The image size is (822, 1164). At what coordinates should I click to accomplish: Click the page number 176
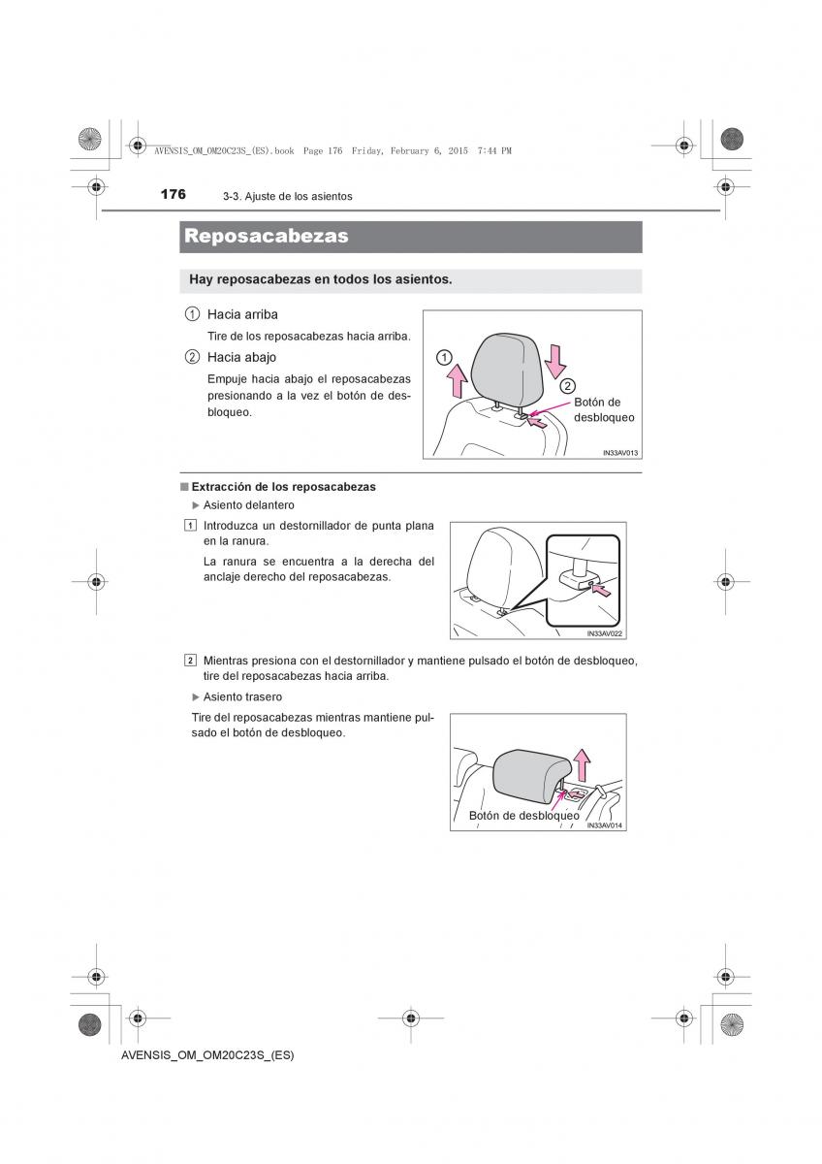click(x=174, y=194)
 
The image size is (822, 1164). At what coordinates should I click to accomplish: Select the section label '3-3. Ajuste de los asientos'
click(x=287, y=197)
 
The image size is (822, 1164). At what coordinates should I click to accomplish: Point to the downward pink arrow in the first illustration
click(x=554, y=358)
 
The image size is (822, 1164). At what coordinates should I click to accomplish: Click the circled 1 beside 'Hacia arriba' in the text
click(x=192, y=314)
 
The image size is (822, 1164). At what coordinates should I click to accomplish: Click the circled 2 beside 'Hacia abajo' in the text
click(x=192, y=357)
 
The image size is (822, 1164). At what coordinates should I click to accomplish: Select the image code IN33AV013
click(x=619, y=453)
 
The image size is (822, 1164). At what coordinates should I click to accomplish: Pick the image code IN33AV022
click(x=605, y=633)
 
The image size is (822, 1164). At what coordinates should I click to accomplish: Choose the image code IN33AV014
click(x=605, y=825)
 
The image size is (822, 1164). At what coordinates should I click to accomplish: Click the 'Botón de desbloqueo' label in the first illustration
click(x=603, y=409)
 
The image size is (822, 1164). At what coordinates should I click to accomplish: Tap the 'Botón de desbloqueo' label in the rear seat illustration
click(x=523, y=816)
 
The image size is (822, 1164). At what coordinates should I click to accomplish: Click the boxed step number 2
click(x=190, y=661)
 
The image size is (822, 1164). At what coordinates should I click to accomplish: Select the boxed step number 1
click(x=190, y=526)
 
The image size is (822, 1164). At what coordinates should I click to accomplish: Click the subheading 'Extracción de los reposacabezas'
click(x=283, y=487)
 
